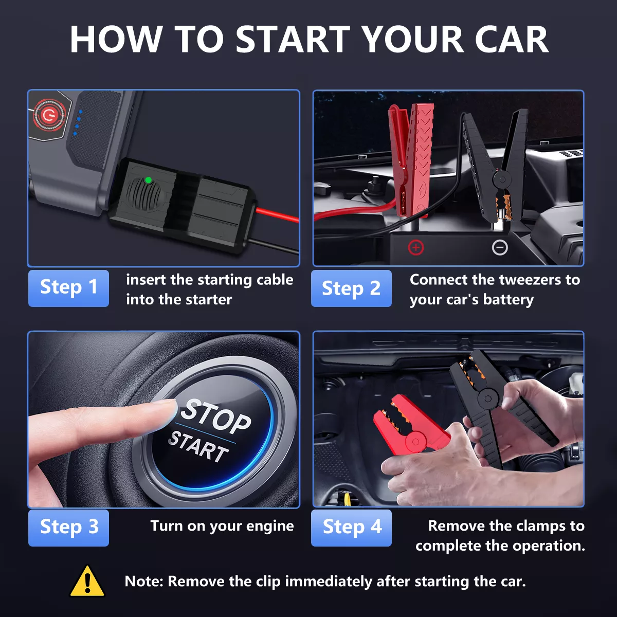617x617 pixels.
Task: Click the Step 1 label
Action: point(68,288)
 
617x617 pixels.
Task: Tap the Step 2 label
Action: point(351,288)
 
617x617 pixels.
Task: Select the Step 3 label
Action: point(68,528)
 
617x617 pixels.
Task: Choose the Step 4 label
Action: point(351,528)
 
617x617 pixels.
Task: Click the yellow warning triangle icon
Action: point(87,581)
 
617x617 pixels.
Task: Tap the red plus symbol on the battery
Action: point(416,247)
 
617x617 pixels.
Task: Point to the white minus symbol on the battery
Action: point(500,247)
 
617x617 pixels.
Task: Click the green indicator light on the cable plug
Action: point(148,180)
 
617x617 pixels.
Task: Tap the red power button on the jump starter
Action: point(49,115)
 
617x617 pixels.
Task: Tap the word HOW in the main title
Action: point(116,39)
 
